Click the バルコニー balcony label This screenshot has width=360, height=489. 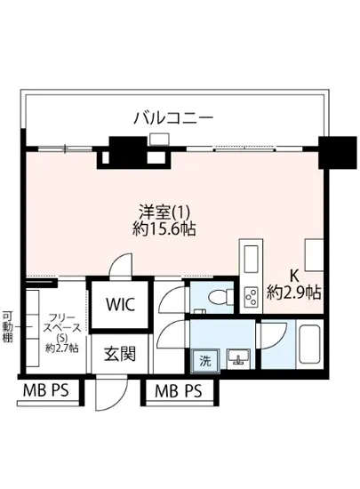(173, 116)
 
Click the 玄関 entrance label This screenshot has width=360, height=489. (119, 354)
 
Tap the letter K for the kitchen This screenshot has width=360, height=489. (291, 276)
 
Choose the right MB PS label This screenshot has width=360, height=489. (178, 391)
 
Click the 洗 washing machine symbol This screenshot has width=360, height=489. (205, 361)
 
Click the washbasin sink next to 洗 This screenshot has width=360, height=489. (238, 358)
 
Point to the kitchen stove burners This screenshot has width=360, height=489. (250, 293)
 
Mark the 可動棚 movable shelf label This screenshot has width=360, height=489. (7, 327)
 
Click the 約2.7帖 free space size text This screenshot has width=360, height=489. (61, 346)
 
